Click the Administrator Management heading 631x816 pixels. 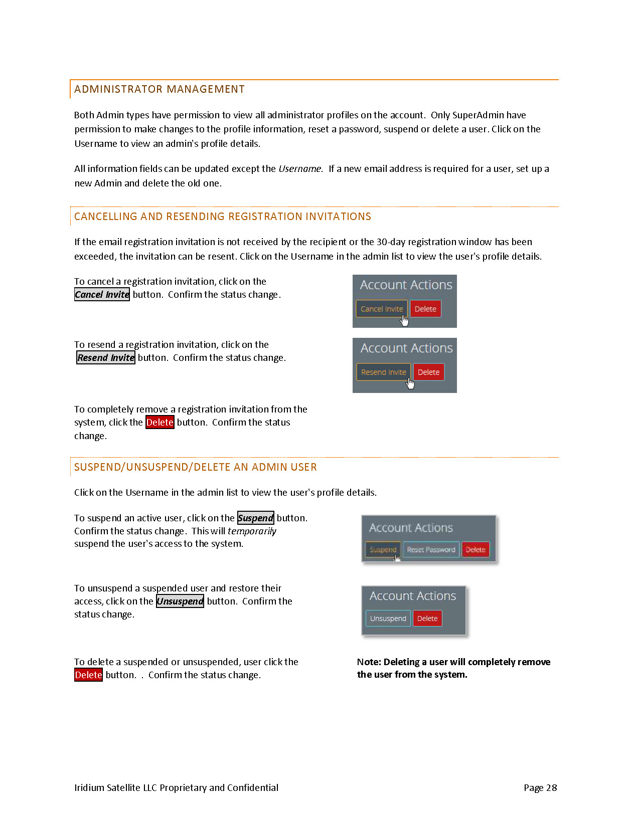159,89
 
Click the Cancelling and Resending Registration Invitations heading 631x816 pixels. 222,217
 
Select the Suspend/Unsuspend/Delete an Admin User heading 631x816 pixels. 195,467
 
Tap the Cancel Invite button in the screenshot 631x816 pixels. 381,309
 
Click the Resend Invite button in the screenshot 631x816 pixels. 383,372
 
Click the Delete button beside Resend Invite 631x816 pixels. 428,372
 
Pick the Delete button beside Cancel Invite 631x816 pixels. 425,309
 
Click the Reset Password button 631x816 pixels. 431,549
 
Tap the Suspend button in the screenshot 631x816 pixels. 383,549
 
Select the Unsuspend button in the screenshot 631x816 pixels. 388,619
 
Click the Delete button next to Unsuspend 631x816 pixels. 427,619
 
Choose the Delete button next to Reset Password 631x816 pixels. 475,549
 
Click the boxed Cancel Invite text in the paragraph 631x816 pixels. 102,295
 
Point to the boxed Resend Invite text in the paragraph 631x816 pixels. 106,358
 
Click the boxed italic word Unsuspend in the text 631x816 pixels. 180,601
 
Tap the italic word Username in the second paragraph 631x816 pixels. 300,169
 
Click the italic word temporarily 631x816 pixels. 252,531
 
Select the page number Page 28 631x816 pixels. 540,788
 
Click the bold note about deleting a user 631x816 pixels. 453,668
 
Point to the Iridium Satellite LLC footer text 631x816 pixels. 176,788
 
